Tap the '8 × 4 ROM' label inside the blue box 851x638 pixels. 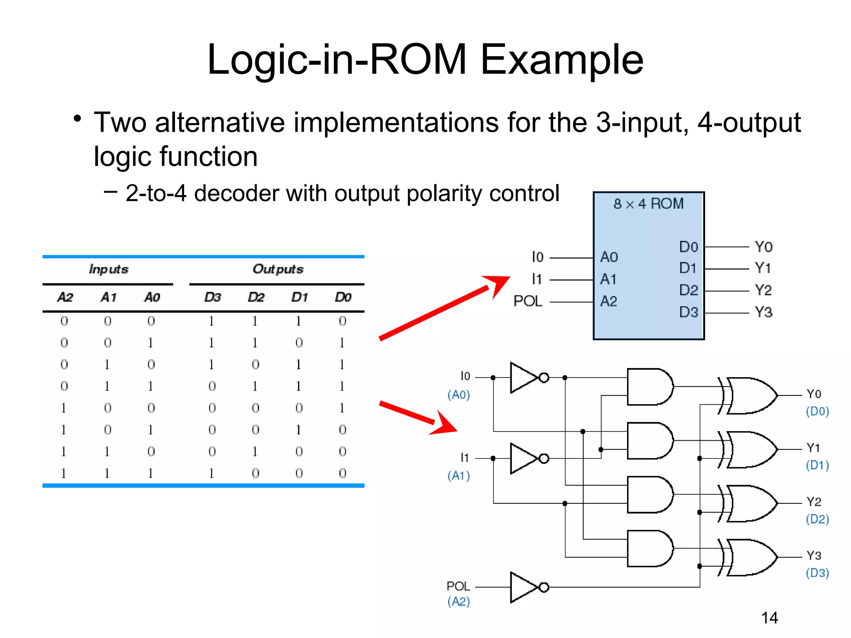(x=648, y=204)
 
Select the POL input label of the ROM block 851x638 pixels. (x=528, y=301)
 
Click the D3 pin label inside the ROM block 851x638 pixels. (x=688, y=312)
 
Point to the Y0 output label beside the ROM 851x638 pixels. (x=763, y=247)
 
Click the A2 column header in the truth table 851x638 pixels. (x=65, y=297)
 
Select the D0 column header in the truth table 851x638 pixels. (x=343, y=297)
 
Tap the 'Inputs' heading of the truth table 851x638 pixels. (x=108, y=269)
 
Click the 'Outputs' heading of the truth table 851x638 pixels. (x=278, y=269)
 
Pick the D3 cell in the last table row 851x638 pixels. (x=212, y=474)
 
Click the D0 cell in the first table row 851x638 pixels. (x=342, y=321)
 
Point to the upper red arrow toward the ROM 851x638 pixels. (x=445, y=307)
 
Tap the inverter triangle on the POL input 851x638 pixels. (x=524, y=587)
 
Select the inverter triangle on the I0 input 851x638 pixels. (x=524, y=378)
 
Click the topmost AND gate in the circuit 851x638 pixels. (x=649, y=387)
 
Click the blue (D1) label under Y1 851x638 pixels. (x=817, y=465)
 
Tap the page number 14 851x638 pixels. (x=770, y=618)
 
